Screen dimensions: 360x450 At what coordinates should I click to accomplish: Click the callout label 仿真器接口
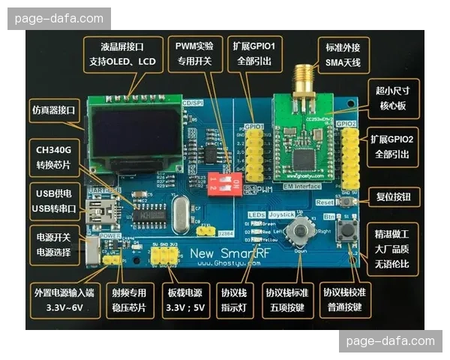[x=55, y=110]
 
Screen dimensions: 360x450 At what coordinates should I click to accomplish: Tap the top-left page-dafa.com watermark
[x=60, y=18]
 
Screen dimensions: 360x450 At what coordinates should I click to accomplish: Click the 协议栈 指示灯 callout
[x=239, y=298]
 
